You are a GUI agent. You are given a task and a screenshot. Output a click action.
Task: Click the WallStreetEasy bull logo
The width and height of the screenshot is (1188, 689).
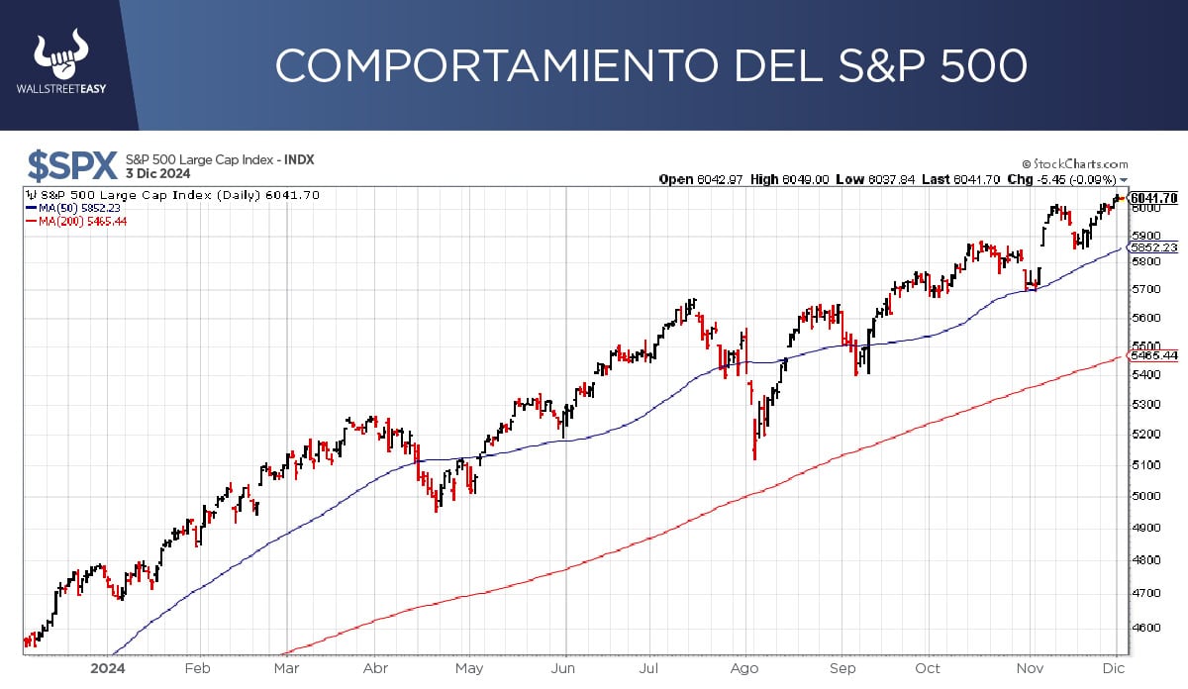click(x=60, y=57)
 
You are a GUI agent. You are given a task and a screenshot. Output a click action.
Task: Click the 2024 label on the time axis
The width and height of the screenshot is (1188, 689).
click(x=105, y=667)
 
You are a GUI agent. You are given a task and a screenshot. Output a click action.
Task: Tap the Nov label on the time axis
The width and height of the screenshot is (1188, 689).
click(x=1032, y=667)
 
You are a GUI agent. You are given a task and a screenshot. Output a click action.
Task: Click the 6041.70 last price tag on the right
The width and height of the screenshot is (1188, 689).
click(x=1153, y=198)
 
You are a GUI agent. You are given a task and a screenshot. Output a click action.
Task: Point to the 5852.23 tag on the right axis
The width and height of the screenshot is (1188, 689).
click(x=1153, y=247)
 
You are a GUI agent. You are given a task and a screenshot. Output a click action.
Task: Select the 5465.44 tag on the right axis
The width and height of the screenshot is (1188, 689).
click(x=1153, y=355)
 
